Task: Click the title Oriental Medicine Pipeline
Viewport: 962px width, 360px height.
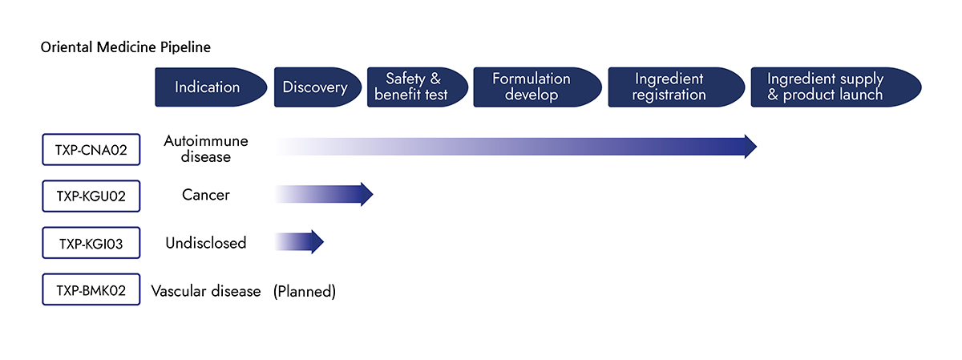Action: (x=126, y=47)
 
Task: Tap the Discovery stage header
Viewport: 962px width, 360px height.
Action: (x=315, y=87)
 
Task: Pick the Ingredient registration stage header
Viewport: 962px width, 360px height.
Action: (x=669, y=87)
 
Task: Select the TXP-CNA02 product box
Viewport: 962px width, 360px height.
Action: (x=91, y=149)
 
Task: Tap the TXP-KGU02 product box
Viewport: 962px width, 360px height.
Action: (x=91, y=196)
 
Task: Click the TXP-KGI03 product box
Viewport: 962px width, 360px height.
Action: (x=91, y=243)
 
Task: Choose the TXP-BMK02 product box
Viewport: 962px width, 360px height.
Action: (x=91, y=290)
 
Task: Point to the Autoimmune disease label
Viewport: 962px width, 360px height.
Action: (x=205, y=149)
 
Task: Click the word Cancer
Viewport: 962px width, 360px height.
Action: (x=206, y=195)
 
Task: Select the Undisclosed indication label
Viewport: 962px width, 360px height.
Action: (x=206, y=242)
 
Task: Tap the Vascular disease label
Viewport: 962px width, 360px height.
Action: (x=206, y=291)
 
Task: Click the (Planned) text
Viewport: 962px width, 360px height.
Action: (x=305, y=291)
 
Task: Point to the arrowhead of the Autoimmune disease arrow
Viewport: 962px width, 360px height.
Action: (x=750, y=147)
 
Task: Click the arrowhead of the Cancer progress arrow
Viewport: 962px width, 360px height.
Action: (x=366, y=194)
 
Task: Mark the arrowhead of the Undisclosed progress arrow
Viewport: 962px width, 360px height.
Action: (x=317, y=241)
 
